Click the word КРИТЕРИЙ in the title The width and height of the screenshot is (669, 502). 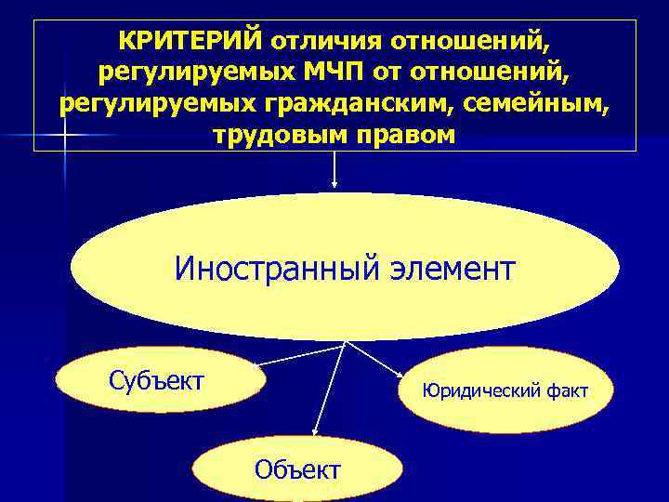pos(191,41)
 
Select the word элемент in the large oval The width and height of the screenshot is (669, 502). pos(449,270)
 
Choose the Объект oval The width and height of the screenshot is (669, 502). pos(297,469)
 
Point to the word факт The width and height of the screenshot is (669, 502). pos(566,391)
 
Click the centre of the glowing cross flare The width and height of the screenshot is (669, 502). pos(64,136)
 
